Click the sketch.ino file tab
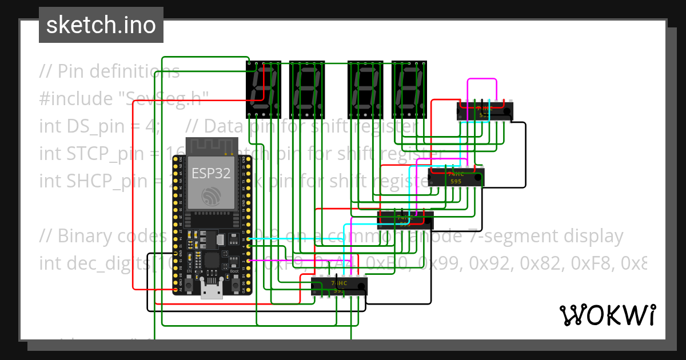point(101,25)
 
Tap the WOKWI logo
point(607,315)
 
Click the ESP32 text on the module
point(211,173)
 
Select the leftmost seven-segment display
point(264,89)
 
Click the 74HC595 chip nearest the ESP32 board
point(339,285)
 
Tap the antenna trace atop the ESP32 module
point(211,146)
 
